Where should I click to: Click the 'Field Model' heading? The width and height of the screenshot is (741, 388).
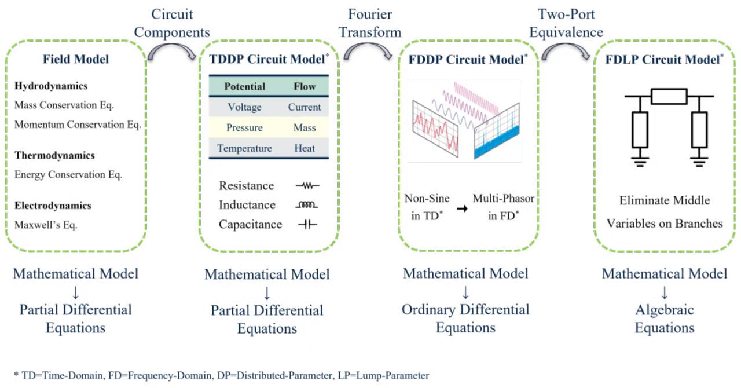pos(76,58)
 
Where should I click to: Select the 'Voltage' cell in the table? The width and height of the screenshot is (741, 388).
pos(244,107)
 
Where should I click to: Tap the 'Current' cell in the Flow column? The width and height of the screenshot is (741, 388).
pos(305,107)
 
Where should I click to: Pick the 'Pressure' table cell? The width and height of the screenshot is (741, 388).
pos(244,127)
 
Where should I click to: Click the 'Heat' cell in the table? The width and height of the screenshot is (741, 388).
pos(305,148)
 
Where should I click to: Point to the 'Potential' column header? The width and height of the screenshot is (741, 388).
pos(244,86)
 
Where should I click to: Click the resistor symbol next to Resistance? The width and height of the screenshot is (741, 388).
pos(307,186)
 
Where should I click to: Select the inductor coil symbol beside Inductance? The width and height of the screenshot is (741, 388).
pos(307,205)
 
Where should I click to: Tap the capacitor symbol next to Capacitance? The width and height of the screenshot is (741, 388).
pos(307,225)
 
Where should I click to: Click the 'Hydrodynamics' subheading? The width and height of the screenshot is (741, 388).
pos(51,86)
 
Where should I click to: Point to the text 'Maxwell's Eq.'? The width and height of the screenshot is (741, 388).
pos(46,225)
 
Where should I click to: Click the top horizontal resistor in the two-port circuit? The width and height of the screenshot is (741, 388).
pos(669,96)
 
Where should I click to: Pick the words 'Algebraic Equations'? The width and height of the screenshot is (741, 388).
pos(665,319)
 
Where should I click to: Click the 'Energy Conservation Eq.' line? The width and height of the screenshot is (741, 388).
pos(69,174)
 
